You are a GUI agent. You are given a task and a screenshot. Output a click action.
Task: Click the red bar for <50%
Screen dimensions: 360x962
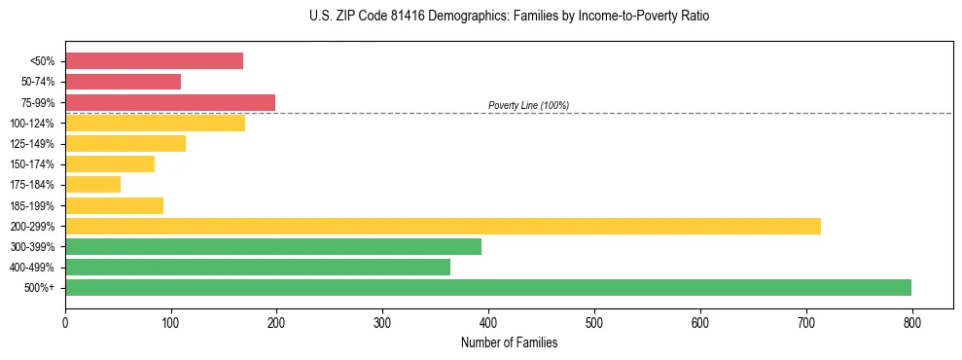(x=154, y=61)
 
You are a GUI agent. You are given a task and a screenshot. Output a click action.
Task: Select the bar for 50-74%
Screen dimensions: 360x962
(x=123, y=82)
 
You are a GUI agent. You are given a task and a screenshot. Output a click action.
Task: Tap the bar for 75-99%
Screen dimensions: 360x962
(x=170, y=102)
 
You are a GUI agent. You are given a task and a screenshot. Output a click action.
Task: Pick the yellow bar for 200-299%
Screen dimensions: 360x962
(x=443, y=226)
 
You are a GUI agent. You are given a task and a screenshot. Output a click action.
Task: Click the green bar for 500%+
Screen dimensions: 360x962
(x=488, y=287)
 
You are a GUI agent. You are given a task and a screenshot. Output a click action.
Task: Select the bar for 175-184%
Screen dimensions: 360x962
(x=92, y=185)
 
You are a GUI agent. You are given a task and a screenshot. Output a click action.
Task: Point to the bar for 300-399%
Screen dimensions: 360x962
(x=273, y=246)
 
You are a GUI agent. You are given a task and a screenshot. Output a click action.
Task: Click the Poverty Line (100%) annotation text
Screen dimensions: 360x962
(x=528, y=105)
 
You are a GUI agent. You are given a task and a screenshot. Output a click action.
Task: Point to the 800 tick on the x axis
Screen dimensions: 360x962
(x=911, y=321)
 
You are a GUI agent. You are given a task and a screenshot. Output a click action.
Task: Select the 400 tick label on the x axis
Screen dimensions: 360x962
(x=488, y=321)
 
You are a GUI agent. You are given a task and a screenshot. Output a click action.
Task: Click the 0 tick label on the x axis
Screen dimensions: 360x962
(x=65, y=321)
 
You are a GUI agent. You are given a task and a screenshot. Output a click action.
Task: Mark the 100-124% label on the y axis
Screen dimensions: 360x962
(x=32, y=124)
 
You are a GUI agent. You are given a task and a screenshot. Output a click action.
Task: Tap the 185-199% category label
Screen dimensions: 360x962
(x=32, y=205)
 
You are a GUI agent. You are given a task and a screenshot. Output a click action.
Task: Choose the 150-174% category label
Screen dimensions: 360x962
(x=32, y=164)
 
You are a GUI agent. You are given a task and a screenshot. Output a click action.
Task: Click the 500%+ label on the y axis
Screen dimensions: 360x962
(x=39, y=288)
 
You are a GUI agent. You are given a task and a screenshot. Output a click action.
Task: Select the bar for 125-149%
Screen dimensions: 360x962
(x=125, y=144)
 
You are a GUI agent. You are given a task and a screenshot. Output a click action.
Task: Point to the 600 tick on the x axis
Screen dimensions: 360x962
(x=700, y=321)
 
